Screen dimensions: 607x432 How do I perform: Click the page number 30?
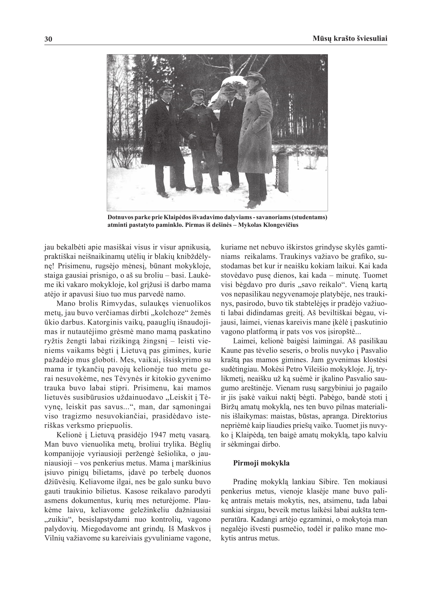point(48,39)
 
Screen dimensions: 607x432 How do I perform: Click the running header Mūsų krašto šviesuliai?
point(350,39)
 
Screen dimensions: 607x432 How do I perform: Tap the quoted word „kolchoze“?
point(166,313)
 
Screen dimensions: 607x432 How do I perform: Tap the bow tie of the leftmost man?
point(167,104)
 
